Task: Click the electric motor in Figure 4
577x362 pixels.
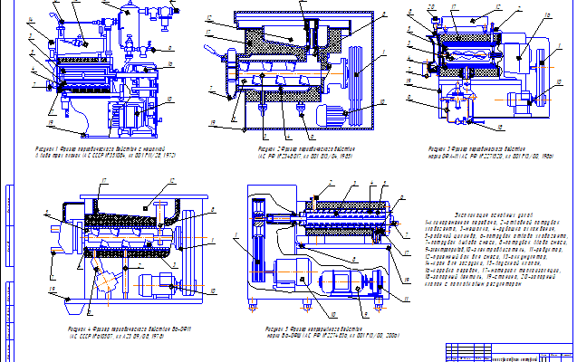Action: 159,285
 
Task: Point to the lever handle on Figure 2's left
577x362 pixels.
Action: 217,55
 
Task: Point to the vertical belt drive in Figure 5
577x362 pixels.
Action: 256,249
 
